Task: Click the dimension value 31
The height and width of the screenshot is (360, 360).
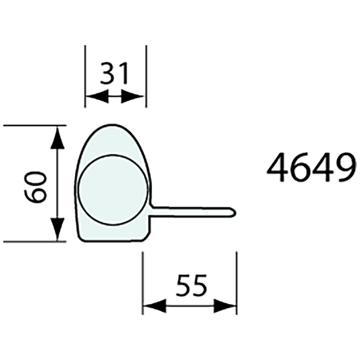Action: click(x=114, y=72)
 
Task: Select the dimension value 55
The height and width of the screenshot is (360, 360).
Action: click(x=190, y=286)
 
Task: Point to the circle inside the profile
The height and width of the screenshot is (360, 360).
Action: click(x=112, y=188)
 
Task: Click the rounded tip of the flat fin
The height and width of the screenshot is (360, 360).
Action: click(x=234, y=212)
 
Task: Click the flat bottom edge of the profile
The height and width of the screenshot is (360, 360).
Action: click(x=112, y=240)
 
